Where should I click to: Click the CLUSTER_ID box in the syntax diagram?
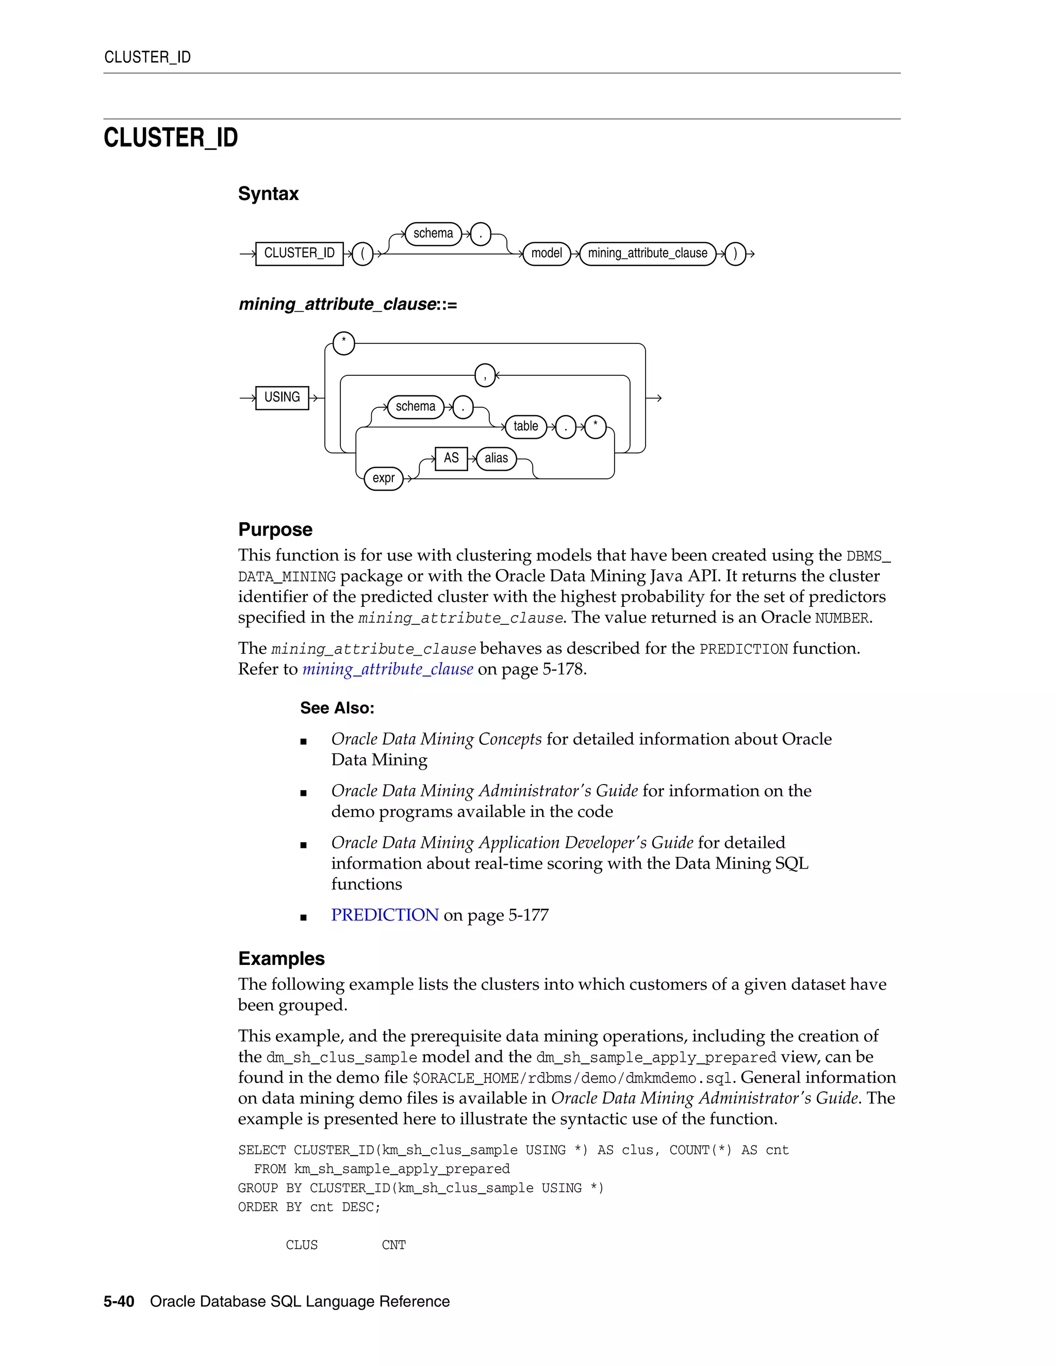pos(299,253)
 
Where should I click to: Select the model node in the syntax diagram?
pos(546,253)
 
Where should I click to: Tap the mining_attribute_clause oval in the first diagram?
pos(647,253)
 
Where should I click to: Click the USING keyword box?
pos(282,397)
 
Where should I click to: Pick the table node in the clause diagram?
pos(525,427)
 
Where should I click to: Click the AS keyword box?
pos(451,458)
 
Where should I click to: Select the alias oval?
pos(496,458)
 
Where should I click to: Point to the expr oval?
pos(384,478)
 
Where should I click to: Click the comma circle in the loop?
pos(485,375)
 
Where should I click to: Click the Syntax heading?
pos(268,194)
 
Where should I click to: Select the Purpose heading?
pos(275,530)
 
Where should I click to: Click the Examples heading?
pos(282,959)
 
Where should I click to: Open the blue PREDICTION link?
pos(385,915)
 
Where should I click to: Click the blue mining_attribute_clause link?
pos(387,669)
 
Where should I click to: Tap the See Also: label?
pos(337,708)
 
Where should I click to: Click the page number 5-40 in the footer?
pos(119,1302)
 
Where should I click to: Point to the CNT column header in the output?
pos(393,1245)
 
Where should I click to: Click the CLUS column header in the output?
pos(302,1245)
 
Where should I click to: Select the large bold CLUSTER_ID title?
pos(171,138)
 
